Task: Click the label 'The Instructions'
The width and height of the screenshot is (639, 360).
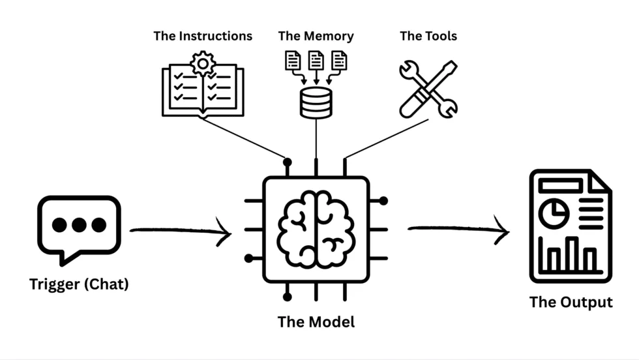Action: [203, 36]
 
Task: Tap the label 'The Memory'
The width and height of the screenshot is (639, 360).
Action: [316, 36]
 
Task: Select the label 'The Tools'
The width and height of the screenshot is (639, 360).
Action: [428, 36]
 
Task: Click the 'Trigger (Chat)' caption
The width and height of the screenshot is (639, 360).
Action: [79, 284]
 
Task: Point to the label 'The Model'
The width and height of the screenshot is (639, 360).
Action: [316, 322]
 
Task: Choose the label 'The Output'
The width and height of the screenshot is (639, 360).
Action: [571, 302]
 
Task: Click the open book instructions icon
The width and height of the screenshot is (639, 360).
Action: [203, 92]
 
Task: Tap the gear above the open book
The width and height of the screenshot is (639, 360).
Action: [203, 64]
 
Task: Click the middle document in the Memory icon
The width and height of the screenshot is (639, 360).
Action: [316, 61]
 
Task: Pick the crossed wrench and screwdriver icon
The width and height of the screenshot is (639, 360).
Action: [428, 89]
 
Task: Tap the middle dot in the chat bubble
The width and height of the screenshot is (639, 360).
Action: [79, 225]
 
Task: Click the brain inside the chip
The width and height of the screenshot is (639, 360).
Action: [316, 228]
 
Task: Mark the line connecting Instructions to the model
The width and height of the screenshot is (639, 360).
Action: [245, 138]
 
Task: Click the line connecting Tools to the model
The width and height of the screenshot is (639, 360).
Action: [386, 139]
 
